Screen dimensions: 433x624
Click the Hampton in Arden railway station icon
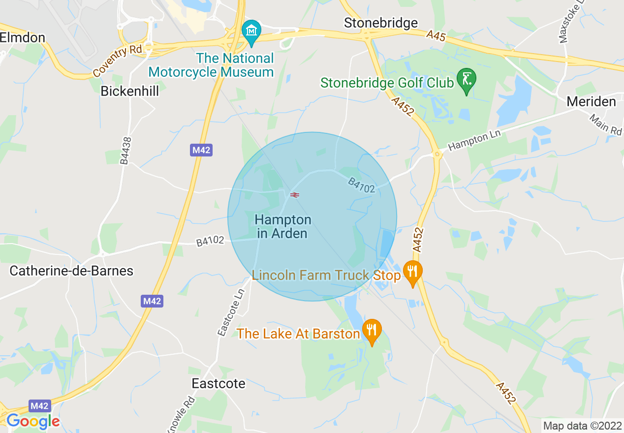tap(295, 195)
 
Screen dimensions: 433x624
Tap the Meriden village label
tap(591, 102)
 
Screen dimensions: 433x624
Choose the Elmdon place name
tap(23, 38)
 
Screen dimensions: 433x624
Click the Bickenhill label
tap(130, 91)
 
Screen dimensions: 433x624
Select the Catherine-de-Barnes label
tap(71, 271)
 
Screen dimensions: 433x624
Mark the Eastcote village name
tap(218, 383)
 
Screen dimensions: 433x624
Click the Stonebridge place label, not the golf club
tap(381, 23)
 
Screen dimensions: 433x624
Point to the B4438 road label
tap(126, 151)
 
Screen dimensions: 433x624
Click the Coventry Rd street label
tap(117, 61)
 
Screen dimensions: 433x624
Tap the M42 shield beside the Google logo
tap(39, 406)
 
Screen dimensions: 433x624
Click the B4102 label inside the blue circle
tap(361, 185)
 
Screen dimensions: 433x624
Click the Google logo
tap(33, 421)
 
